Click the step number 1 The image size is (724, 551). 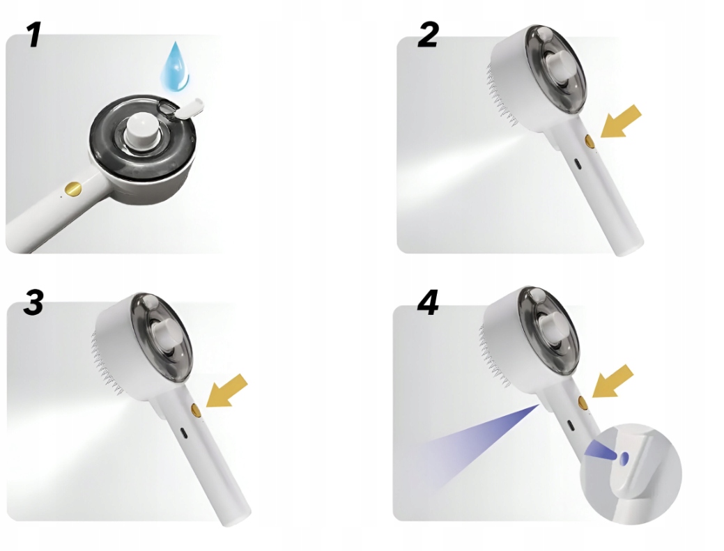click(x=33, y=35)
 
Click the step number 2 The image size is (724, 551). click(x=428, y=35)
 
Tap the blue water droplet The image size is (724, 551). click(x=174, y=65)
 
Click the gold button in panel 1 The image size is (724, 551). click(x=73, y=188)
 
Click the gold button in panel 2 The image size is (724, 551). click(x=590, y=141)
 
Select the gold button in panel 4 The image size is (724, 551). click(x=583, y=403)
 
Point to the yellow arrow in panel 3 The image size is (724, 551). click(x=226, y=390)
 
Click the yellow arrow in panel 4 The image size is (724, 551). click(x=613, y=381)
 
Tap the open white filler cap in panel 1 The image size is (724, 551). click(x=190, y=108)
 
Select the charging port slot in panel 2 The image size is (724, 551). click(x=577, y=164)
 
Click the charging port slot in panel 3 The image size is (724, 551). click(x=184, y=433)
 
